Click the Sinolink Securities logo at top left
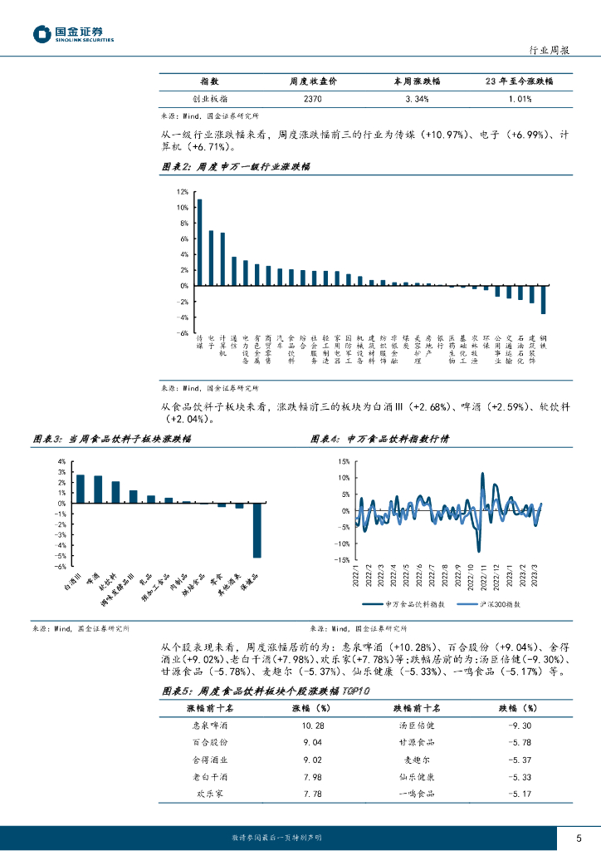pos(73,34)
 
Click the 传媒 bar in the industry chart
pos(199,242)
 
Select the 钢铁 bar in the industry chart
pos(544,299)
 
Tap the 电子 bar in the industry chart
pos(211,258)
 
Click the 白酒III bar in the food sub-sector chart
pos(81,489)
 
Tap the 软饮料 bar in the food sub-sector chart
pos(115,492)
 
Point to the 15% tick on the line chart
pos(342,461)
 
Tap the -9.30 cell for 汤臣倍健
pos(518,725)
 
